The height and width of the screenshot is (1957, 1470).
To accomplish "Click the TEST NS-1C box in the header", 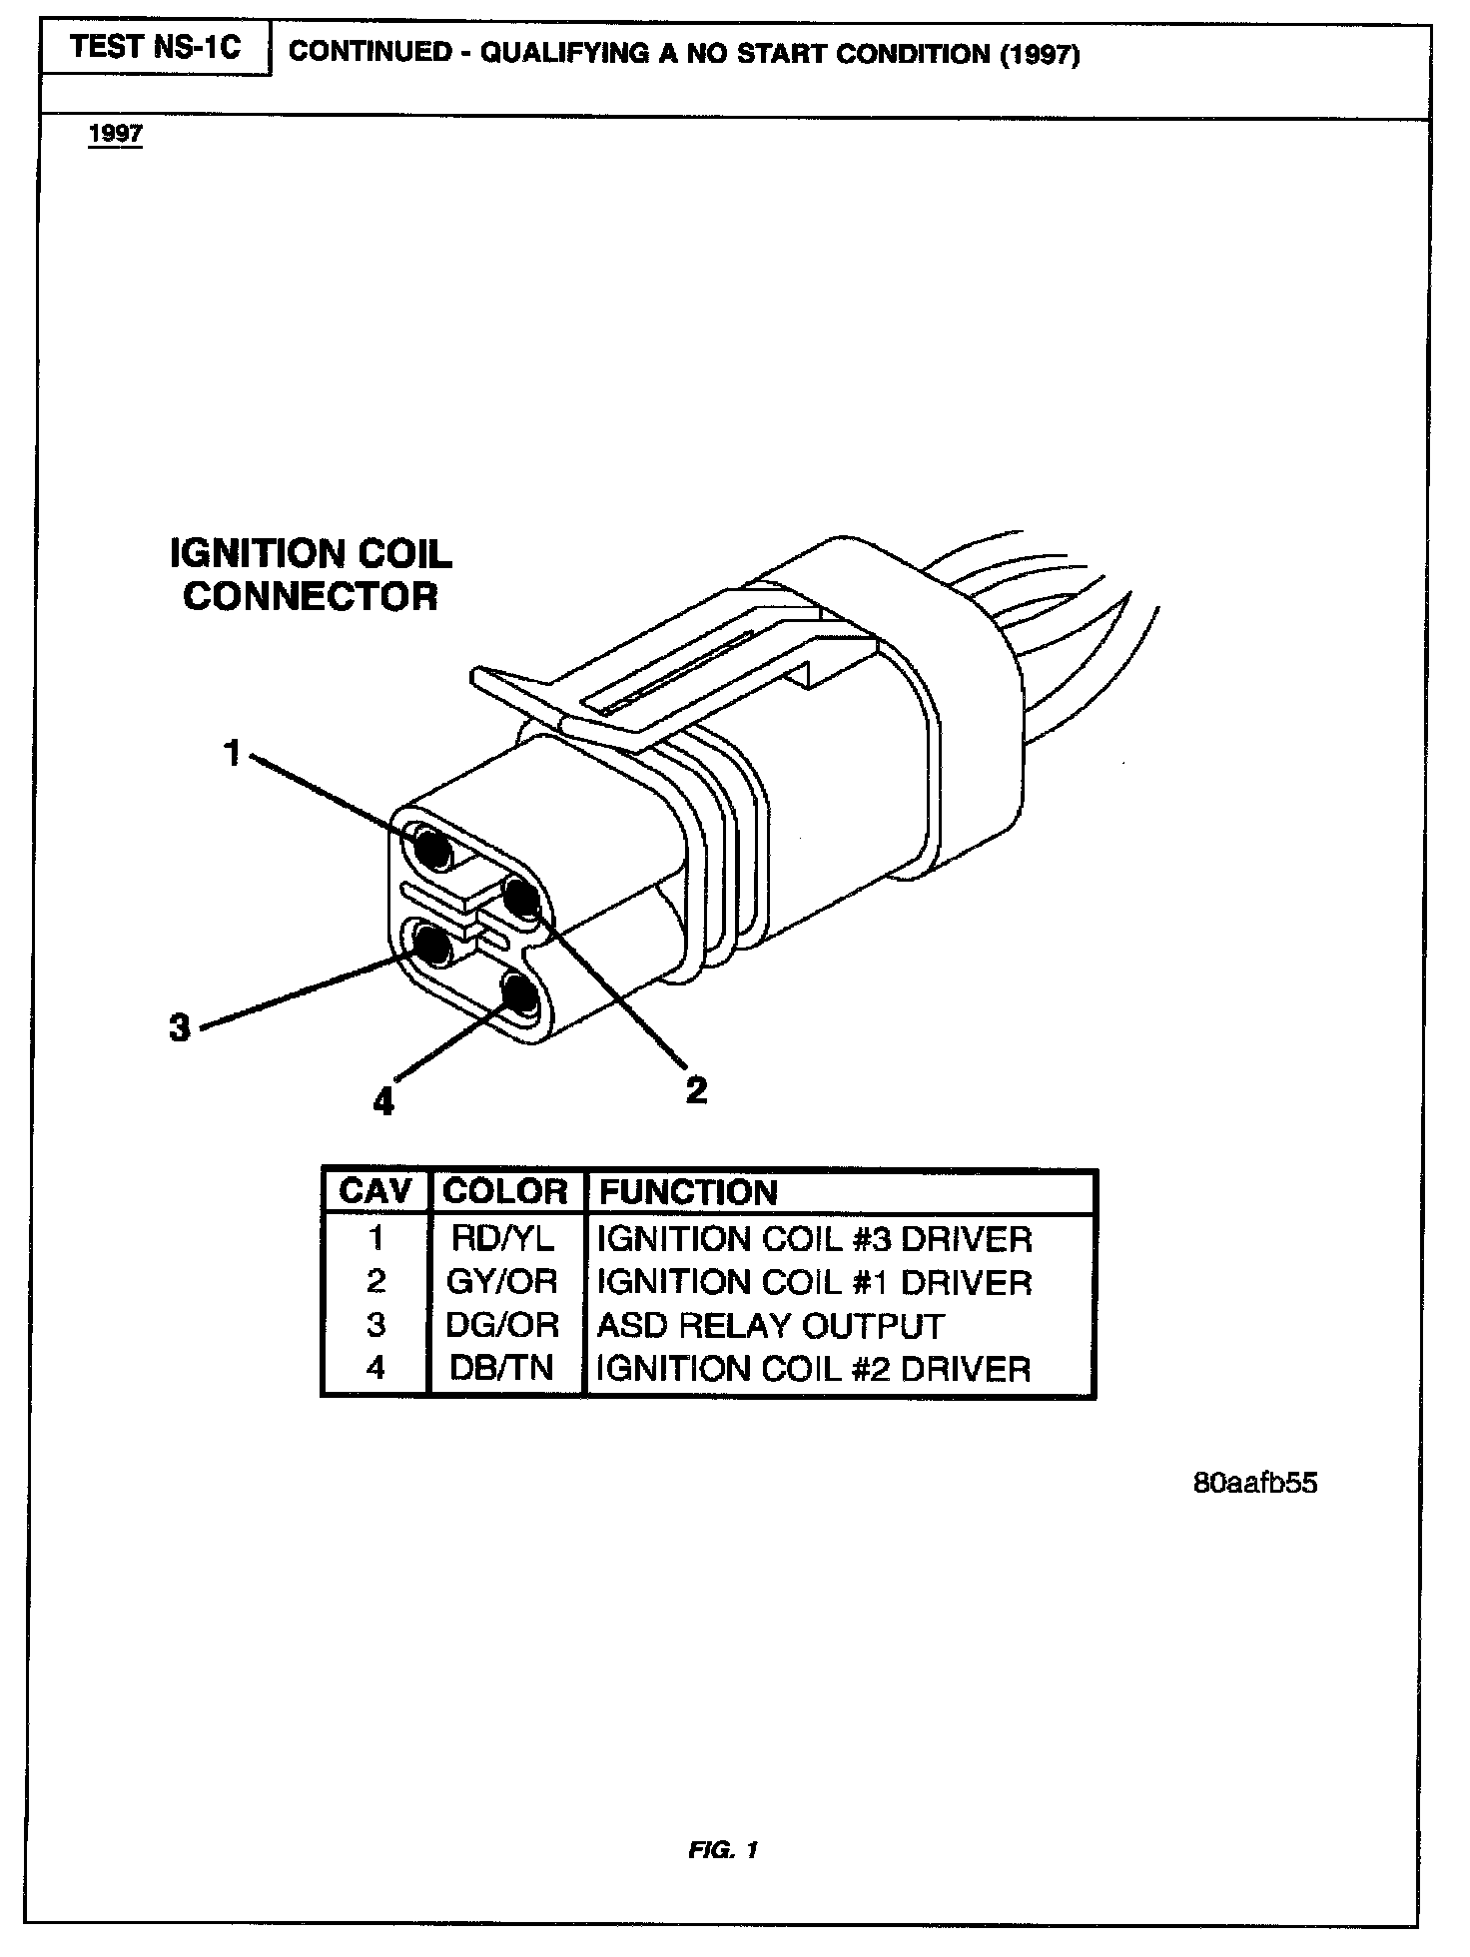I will click(155, 49).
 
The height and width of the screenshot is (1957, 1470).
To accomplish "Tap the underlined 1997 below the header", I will click(116, 134).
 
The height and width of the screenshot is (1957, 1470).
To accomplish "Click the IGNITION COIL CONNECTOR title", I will click(311, 575).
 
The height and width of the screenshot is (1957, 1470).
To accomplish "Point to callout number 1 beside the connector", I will click(233, 753).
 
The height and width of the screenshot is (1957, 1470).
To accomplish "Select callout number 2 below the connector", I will click(696, 1088).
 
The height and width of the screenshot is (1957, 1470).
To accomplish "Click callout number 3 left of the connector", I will click(180, 1026).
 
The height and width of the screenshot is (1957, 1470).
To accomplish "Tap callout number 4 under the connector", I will click(383, 1101).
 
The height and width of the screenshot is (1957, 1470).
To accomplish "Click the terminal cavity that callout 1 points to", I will click(431, 849).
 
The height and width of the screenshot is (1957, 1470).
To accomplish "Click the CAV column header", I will click(375, 1191).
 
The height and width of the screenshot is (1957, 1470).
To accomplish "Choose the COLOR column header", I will click(505, 1191).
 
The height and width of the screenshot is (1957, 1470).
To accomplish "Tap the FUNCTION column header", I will click(688, 1192).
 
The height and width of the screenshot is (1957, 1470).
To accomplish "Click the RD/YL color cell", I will click(504, 1239).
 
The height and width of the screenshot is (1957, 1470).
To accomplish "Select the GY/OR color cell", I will click(502, 1281).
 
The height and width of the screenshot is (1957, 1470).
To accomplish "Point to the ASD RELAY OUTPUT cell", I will click(770, 1325).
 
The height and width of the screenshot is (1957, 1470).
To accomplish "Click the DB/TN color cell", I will click(502, 1368).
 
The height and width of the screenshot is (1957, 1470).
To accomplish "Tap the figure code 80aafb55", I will click(1255, 1483).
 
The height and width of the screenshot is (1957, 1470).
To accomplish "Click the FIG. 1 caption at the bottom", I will click(723, 1850).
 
